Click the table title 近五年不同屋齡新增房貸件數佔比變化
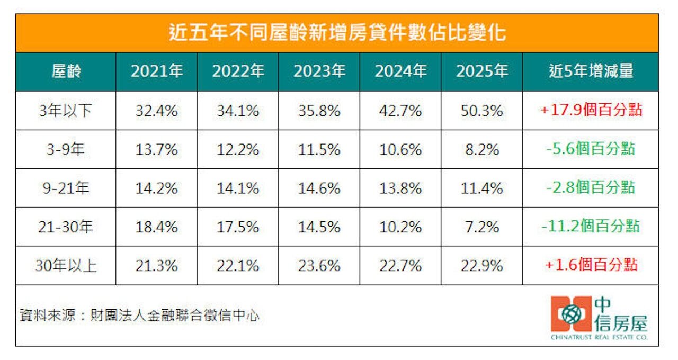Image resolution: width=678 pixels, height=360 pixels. click(x=337, y=33)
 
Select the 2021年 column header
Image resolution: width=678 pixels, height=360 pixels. click(x=156, y=71)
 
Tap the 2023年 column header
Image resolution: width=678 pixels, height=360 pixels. click(x=319, y=71)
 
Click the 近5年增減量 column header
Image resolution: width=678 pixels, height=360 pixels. click(x=590, y=71)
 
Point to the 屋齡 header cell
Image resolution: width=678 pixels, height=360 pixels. click(x=66, y=71)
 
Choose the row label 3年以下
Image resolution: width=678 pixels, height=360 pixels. click(x=66, y=111)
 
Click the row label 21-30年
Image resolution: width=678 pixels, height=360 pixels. click(x=66, y=227)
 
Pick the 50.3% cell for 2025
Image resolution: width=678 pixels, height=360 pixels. click(x=481, y=111)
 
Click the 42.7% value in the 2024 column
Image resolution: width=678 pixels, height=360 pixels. click(x=400, y=111)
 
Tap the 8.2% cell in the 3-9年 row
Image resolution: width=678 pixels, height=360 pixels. click(x=481, y=149)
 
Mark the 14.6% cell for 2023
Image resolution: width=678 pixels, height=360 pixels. click(x=319, y=188)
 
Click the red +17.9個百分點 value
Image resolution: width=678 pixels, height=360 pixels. click(x=591, y=110)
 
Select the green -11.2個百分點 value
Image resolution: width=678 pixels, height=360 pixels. click(x=591, y=227)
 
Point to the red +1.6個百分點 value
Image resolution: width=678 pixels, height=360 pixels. click(x=591, y=265)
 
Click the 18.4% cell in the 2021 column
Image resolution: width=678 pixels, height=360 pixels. click(x=156, y=227)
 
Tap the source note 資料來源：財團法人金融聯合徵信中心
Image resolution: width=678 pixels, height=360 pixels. click(x=139, y=316)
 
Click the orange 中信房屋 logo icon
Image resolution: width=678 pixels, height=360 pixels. click(x=570, y=314)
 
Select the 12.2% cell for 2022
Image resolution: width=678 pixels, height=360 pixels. click(x=238, y=149)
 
